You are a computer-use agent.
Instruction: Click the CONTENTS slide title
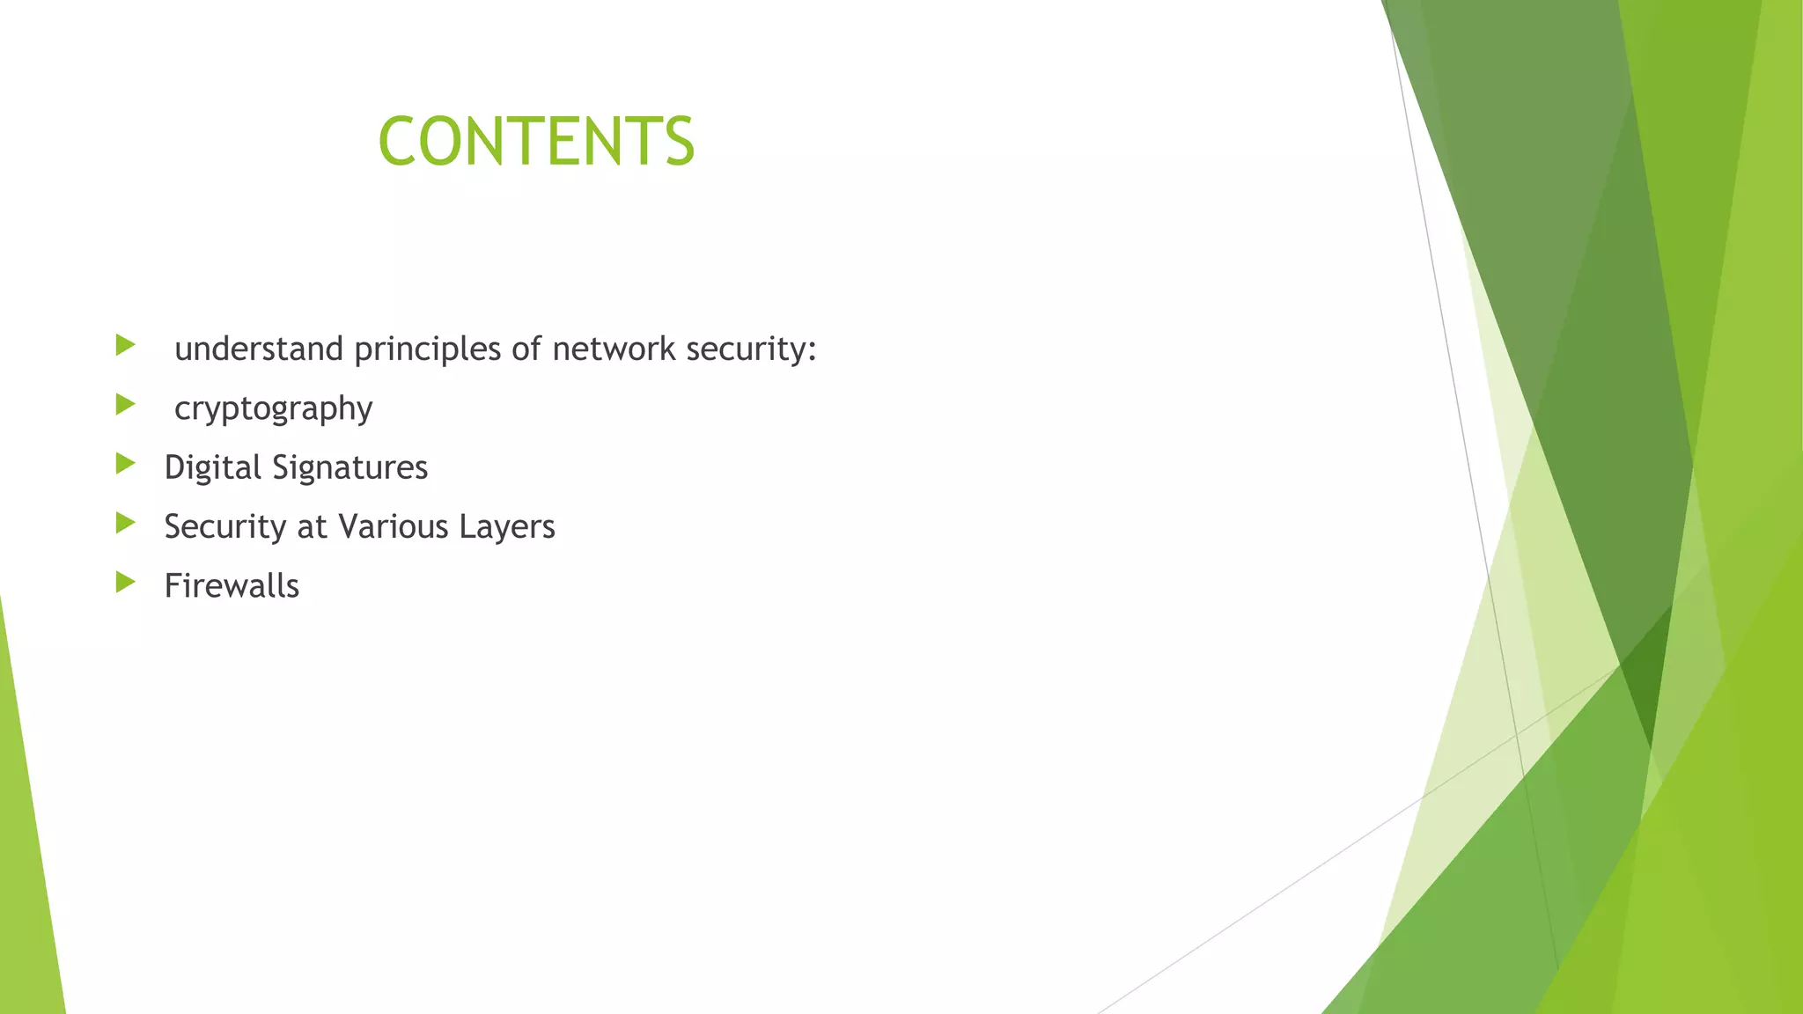(536, 141)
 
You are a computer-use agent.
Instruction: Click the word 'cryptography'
(273, 409)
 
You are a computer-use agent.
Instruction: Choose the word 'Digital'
(213, 468)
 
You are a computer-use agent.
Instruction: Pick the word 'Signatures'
(350, 468)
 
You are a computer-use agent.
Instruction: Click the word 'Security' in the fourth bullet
(225, 527)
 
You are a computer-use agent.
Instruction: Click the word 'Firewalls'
(232, 586)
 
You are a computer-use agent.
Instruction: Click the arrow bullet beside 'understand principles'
(125, 345)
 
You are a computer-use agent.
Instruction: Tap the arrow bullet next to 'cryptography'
(125, 405)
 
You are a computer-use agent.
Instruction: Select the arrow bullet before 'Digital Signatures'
(125, 464)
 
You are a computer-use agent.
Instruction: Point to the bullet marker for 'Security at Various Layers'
(125, 524)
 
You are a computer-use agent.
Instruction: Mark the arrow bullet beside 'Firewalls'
(125, 582)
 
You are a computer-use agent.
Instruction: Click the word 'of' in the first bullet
(526, 349)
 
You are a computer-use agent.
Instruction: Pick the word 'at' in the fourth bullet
(313, 527)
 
